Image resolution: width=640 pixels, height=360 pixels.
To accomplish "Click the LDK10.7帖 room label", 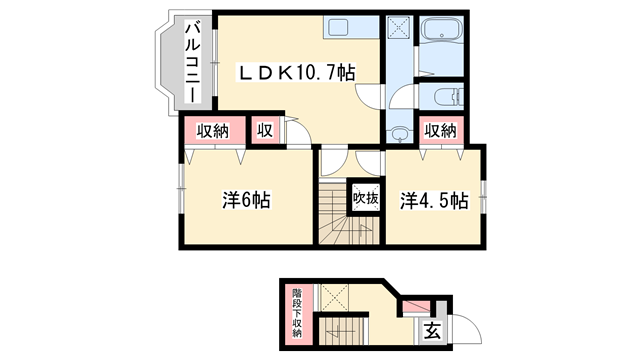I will (296, 72).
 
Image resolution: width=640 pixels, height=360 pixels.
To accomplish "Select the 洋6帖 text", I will (244, 200).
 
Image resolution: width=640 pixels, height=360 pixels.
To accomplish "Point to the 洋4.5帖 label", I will (435, 200).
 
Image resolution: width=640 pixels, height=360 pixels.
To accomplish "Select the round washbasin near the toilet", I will (400, 131).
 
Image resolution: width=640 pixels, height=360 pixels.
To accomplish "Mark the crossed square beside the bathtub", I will (399, 29).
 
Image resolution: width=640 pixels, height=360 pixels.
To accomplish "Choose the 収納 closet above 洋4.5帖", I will (442, 130).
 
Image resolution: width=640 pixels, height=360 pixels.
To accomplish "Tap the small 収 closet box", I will (266, 131).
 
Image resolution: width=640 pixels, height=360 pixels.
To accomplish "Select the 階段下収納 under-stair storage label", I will (297, 313).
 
